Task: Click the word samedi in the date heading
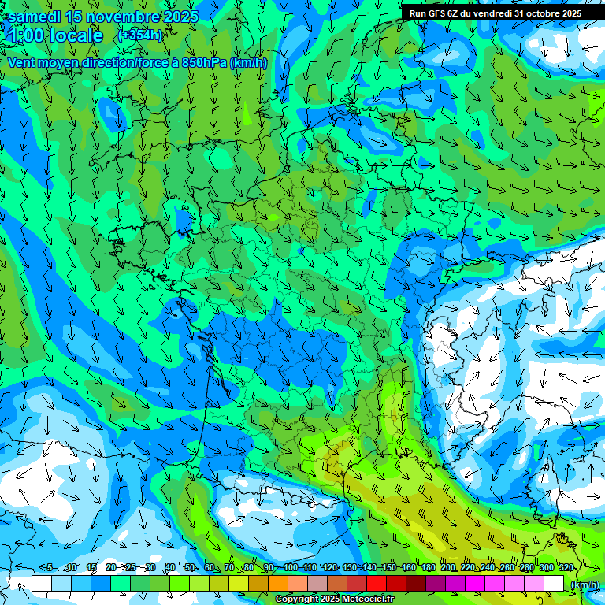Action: click(x=35, y=17)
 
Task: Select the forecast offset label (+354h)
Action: click(x=140, y=35)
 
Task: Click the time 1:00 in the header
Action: click(x=28, y=35)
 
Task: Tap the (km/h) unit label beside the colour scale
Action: click(x=584, y=584)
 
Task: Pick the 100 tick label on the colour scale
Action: click(x=290, y=568)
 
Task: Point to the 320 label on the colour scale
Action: click(x=566, y=568)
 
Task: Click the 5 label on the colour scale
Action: click(x=50, y=568)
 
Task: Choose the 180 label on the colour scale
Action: click(x=428, y=568)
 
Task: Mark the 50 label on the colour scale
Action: click(x=191, y=568)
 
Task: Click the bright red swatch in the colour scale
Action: click(x=377, y=584)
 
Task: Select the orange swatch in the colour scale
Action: click(x=278, y=584)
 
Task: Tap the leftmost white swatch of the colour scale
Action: click(x=42, y=584)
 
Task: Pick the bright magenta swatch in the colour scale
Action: click(x=475, y=584)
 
